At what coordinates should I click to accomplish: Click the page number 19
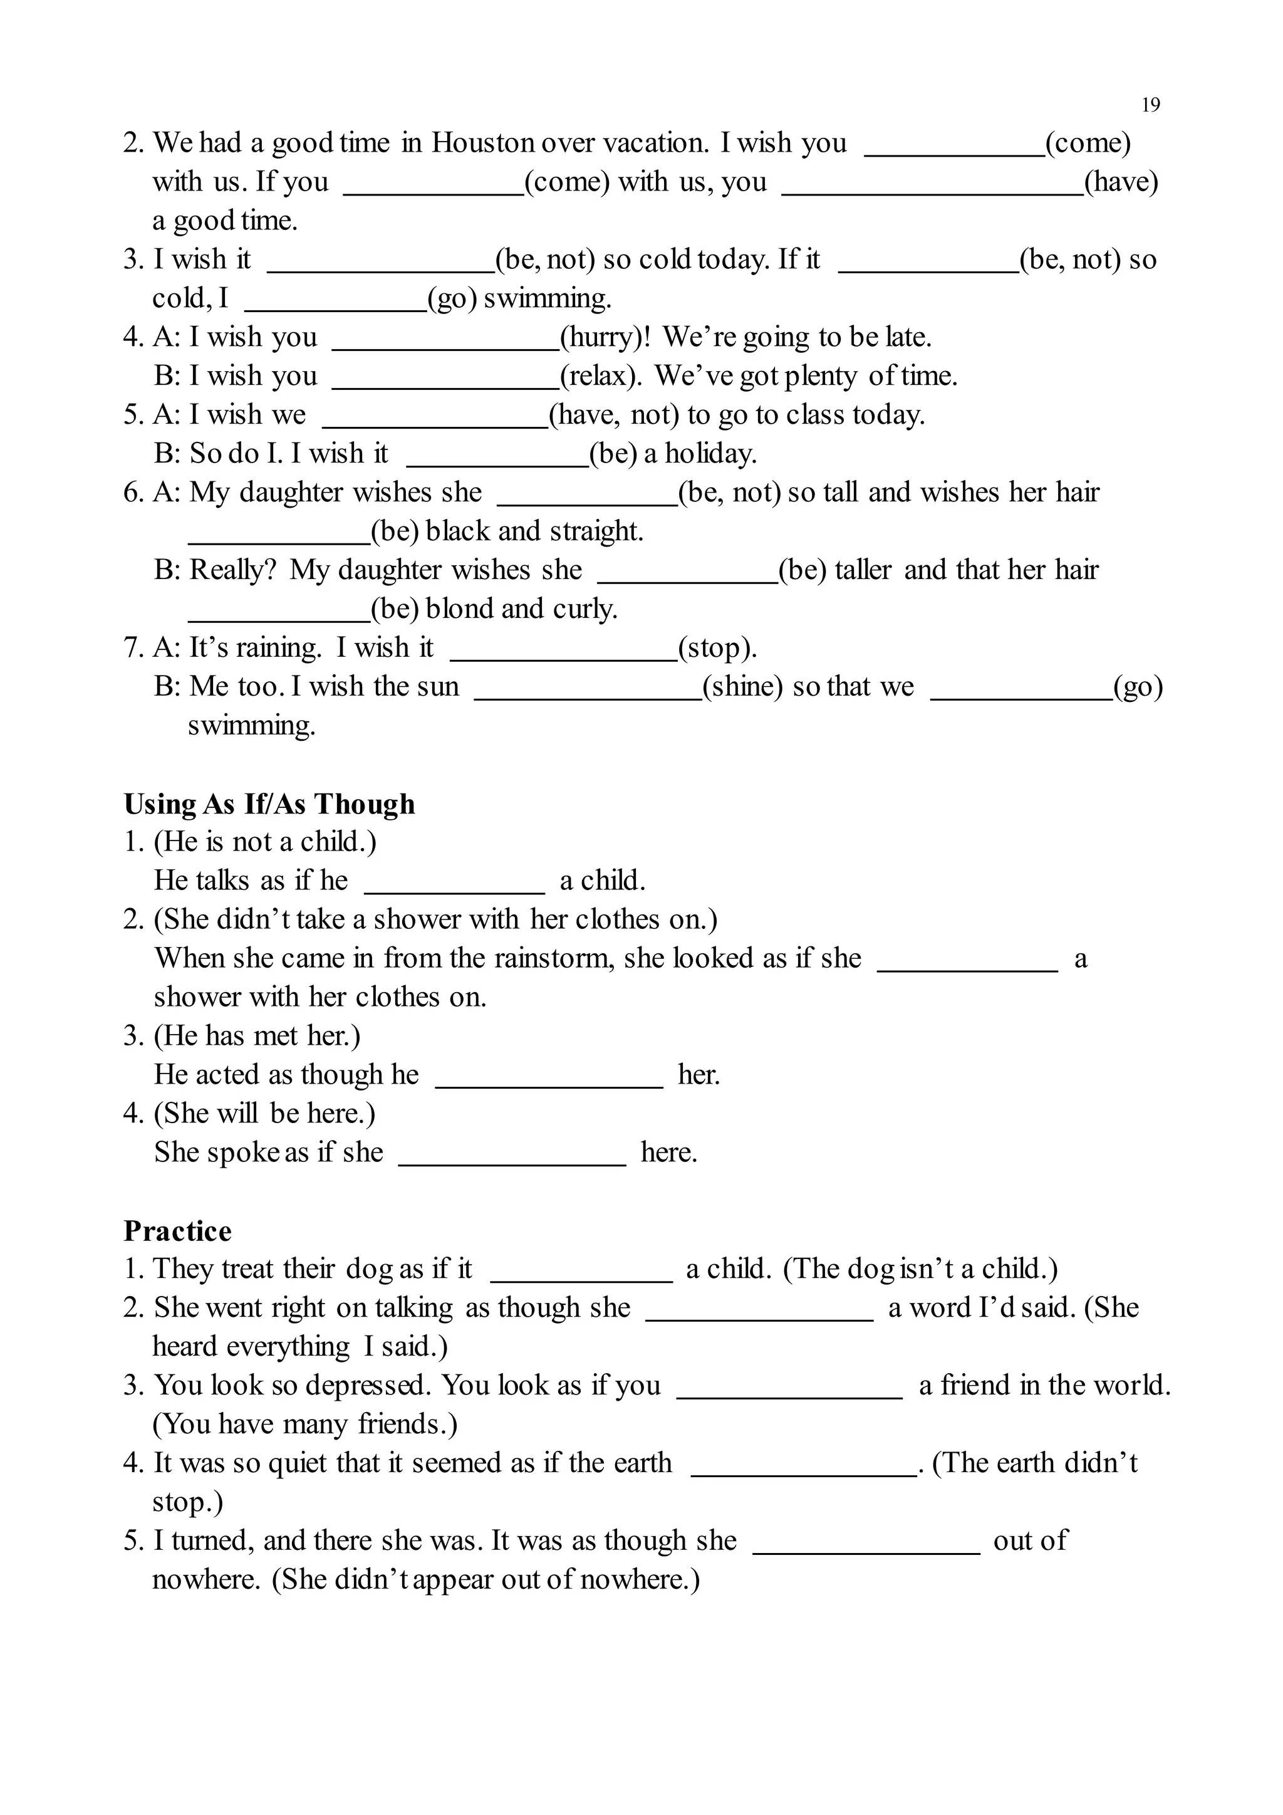(x=1150, y=105)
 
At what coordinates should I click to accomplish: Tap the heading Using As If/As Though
(x=269, y=804)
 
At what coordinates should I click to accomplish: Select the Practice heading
(x=178, y=1232)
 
